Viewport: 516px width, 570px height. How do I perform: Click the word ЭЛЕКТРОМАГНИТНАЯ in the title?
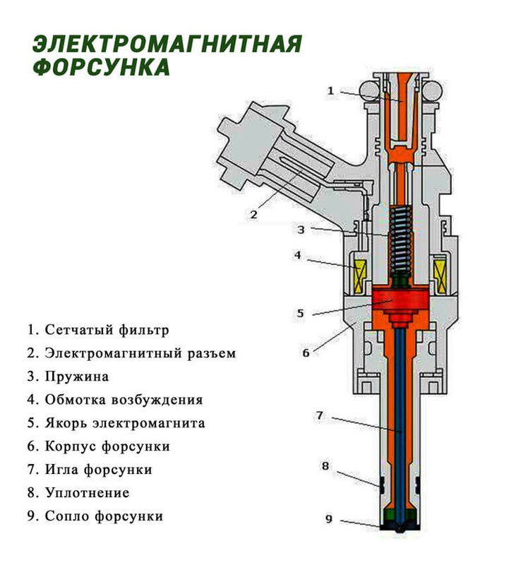click(x=167, y=44)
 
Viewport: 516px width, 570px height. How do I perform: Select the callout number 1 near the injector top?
click(x=330, y=90)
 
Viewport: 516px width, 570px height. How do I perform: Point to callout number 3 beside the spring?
click(x=300, y=230)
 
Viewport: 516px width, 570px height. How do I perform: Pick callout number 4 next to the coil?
click(x=298, y=255)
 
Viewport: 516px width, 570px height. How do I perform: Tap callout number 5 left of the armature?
click(x=300, y=313)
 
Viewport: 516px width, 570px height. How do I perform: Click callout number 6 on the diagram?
click(x=306, y=352)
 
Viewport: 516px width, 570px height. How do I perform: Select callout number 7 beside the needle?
click(x=319, y=416)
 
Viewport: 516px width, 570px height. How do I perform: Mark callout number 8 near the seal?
click(x=325, y=465)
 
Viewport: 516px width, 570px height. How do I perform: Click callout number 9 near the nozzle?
click(x=328, y=519)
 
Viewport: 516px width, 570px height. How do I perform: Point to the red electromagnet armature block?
click(x=400, y=300)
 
